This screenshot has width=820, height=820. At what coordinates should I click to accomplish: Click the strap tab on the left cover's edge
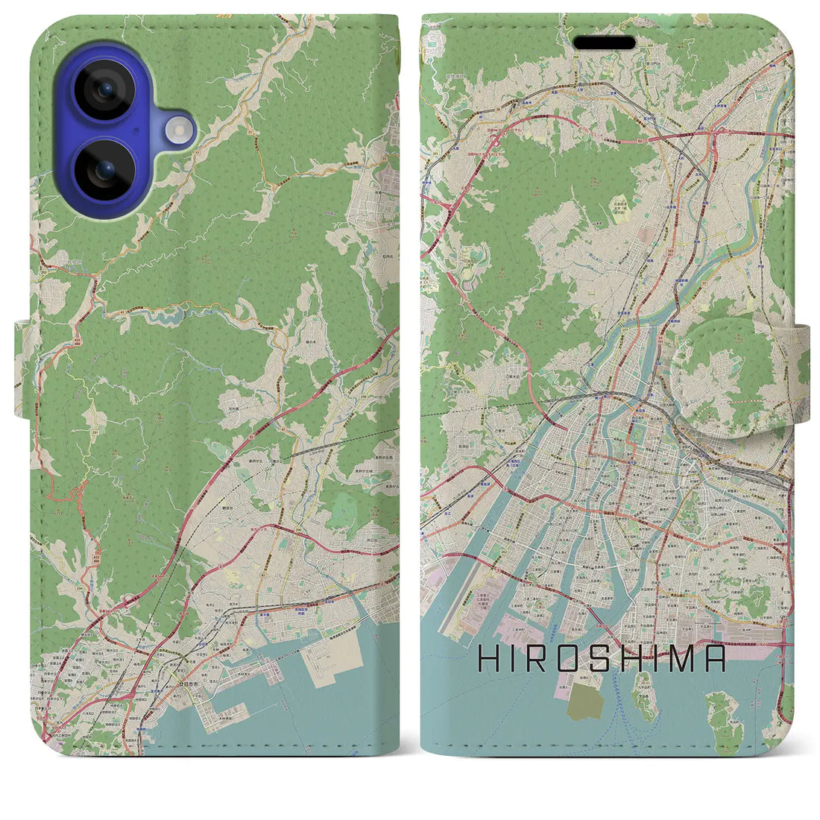[x=24, y=369]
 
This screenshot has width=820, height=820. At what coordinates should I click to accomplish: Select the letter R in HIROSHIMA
[x=540, y=658]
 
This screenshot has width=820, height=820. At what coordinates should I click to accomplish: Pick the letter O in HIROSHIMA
[x=570, y=658]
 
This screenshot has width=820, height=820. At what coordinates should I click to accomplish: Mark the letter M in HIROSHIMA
[x=682, y=658]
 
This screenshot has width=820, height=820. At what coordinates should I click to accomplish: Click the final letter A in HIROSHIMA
[x=715, y=658]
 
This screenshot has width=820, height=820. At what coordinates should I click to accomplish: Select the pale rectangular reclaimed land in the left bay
[x=326, y=668]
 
